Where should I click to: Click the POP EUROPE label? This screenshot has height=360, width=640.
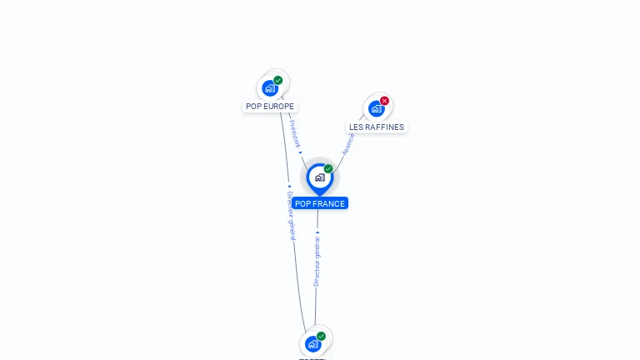pos(270,107)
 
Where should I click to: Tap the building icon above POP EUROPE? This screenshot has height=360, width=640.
pos(269,87)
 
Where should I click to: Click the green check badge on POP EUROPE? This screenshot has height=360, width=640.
pos(278,81)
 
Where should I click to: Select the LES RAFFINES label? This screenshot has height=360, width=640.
pos(377,127)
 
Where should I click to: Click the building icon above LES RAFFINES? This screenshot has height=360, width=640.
pos(376,108)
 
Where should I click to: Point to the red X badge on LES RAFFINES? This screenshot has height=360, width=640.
pos(384,101)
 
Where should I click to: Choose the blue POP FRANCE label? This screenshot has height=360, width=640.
pos(320,203)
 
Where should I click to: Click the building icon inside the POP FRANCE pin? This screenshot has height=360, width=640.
pos(319,177)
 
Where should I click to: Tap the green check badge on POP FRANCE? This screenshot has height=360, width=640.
pos(328,169)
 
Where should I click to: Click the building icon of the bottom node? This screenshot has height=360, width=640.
pos(312,344)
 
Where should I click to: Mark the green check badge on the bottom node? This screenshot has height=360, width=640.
pos(321,337)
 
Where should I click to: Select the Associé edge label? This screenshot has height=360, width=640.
pos(348,143)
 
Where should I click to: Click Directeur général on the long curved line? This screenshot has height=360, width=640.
pos(291,216)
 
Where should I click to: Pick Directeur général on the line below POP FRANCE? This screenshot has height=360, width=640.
pos(317,261)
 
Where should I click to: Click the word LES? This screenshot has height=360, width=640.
pos(356,127)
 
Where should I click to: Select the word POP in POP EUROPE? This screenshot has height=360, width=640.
pos(253,107)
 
